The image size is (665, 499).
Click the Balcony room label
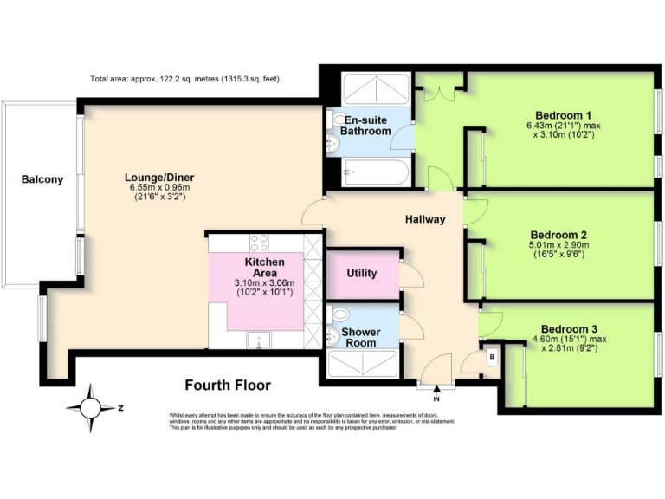(x=42, y=179)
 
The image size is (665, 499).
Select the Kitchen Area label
(x=264, y=267)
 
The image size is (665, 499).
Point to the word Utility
(x=361, y=274)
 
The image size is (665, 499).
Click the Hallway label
(x=425, y=219)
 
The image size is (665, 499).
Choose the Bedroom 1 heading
(x=563, y=115)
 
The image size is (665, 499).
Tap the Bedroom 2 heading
(x=558, y=235)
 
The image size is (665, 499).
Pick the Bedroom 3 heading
(x=569, y=328)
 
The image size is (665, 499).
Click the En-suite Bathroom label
(x=365, y=125)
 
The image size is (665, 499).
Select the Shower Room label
(x=359, y=337)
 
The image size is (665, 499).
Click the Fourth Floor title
(x=228, y=386)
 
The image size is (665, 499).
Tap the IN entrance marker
(x=436, y=399)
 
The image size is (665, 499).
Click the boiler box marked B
(x=492, y=356)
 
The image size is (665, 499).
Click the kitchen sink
(x=256, y=340)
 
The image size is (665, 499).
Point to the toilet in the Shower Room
(x=340, y=314)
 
